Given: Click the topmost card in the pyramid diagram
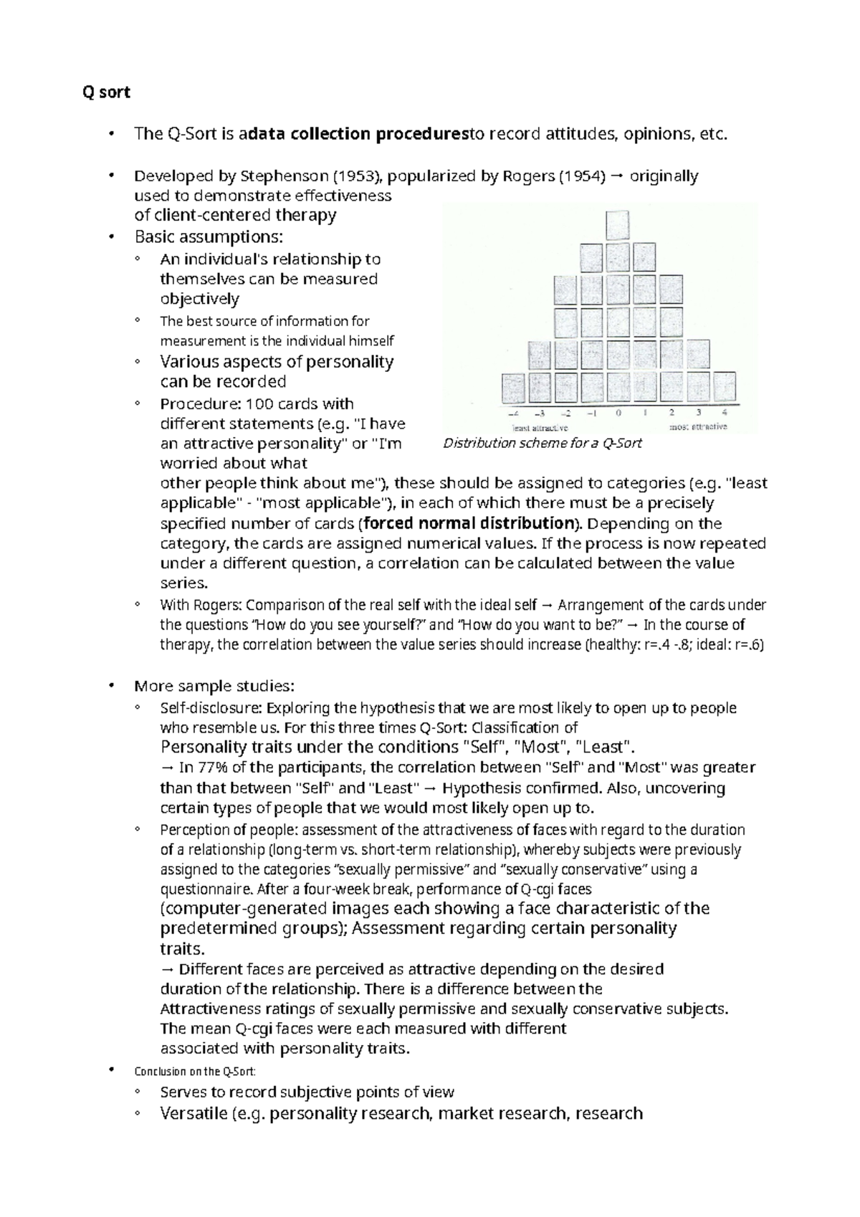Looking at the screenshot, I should (618, 224).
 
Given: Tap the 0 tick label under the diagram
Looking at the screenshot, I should (618, 413).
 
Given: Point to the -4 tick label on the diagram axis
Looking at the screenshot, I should (512, 414).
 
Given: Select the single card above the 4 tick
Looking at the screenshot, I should (724, 387).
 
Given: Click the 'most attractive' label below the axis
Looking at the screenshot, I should (698, 427).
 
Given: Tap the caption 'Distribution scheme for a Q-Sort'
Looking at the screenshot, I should (542, 443).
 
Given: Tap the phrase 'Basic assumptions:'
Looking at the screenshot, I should (209, 237).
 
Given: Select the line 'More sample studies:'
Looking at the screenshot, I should (214, 686).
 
